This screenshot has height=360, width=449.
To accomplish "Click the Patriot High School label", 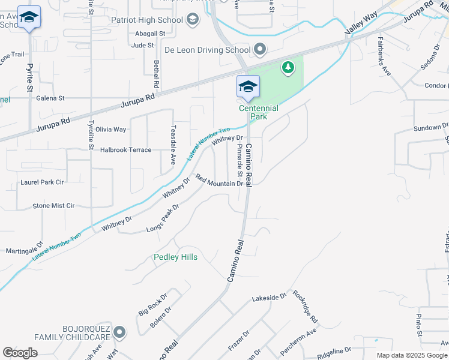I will (147, 20).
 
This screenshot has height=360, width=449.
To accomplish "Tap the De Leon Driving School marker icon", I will (260, 49).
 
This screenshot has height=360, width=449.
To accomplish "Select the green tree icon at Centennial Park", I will (289, 67).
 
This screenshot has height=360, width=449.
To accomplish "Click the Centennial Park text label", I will (259, 112).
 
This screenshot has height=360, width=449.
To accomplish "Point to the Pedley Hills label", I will (175, 257).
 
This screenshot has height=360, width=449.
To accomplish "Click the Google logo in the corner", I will (20, 353).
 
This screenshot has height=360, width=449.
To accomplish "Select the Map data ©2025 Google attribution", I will (411, 355).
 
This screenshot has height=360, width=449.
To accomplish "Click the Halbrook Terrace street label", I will (126, 150).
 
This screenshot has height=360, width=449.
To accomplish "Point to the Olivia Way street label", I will (110, 129).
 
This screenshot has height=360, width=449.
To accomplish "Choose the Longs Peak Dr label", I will (163, 218).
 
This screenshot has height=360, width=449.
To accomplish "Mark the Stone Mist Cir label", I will (53, 205).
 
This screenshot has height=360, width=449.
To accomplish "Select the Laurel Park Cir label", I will (42, 181).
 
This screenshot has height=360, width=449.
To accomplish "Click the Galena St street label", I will (50, 98).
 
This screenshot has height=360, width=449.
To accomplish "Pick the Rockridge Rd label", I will (305, 307).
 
